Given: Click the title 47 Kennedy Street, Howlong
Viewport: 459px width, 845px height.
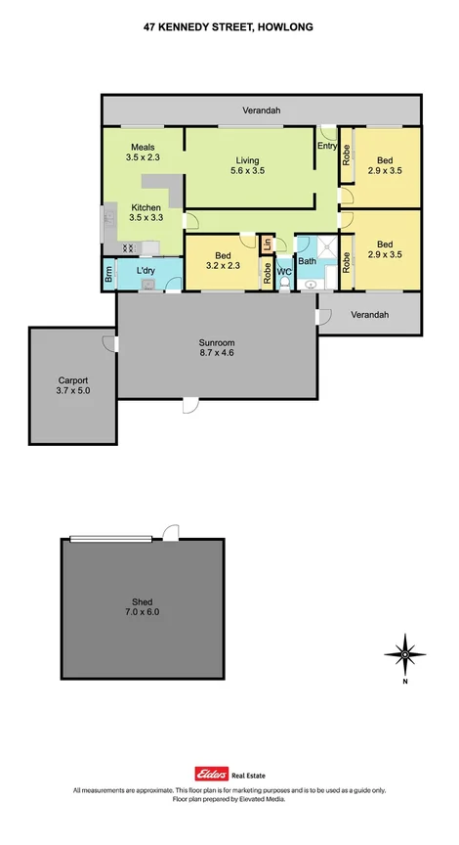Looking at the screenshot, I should (229, 29).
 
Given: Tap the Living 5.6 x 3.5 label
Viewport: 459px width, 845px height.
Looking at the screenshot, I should (250, 165).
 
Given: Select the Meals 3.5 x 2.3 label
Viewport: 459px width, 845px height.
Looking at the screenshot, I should (142, 153).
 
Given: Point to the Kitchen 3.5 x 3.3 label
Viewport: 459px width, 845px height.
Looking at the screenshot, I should (146, 212).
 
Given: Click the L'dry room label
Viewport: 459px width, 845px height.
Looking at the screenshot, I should (146, 271).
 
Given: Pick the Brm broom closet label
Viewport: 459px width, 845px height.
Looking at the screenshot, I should (109, 276).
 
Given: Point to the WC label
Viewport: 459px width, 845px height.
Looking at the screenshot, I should (284, 271).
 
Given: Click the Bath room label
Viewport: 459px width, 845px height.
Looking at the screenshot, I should (308, 261).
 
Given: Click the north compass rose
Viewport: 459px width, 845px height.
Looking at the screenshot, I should (404, 652).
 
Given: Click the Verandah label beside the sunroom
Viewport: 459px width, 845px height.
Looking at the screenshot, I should (370, 315).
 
